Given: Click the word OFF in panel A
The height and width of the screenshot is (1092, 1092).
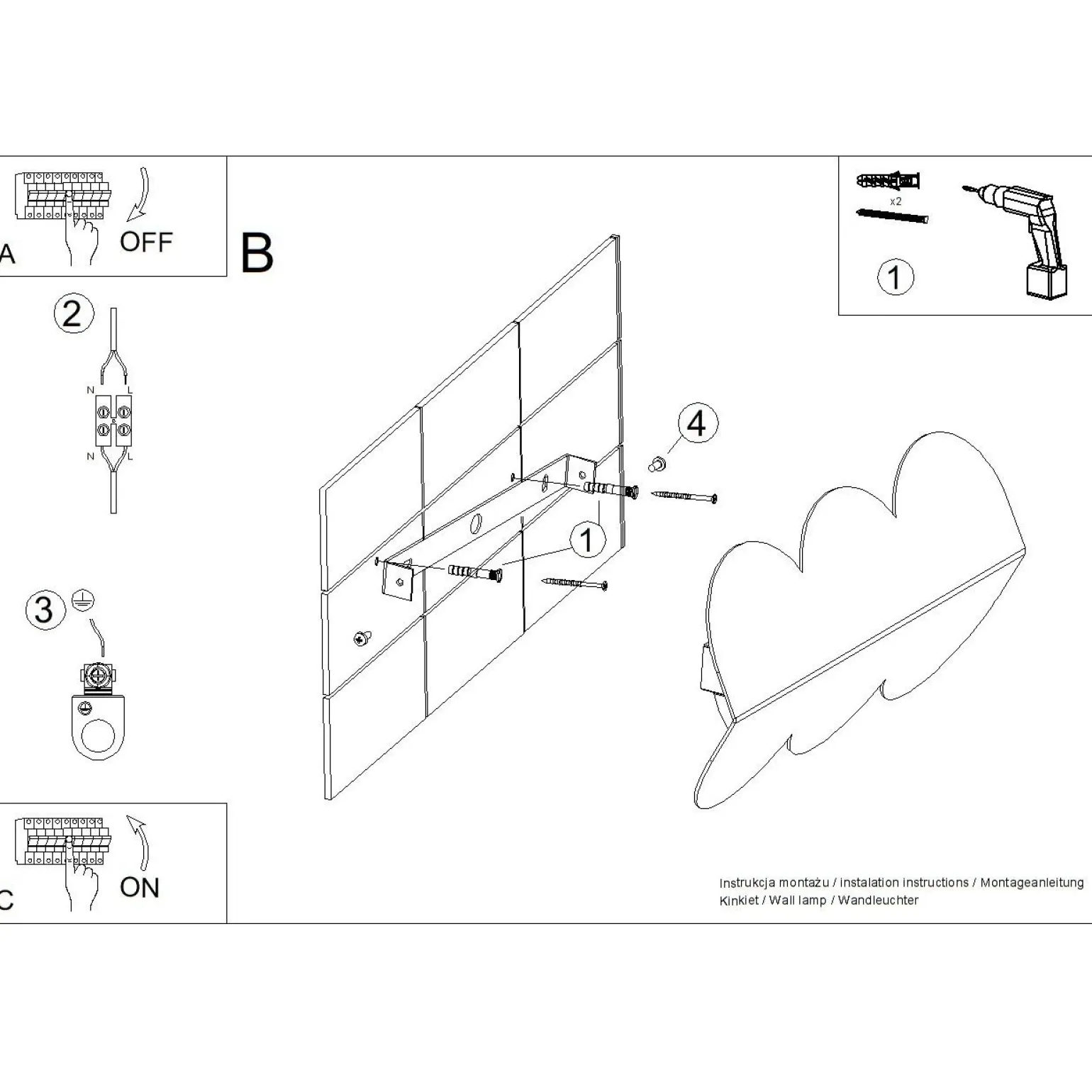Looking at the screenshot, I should click(146, 243).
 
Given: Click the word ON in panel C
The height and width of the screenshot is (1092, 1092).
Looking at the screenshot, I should click(140, 888).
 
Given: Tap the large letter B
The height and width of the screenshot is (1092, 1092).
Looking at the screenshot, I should click(257, 253).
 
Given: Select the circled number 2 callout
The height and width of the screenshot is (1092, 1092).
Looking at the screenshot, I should click(74, 314).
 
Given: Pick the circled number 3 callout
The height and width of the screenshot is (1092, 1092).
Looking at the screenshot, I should click(44, 610).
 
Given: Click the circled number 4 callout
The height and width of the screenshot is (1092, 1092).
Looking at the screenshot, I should click(697, 424).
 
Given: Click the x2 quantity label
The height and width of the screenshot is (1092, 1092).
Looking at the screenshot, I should click(896, 201).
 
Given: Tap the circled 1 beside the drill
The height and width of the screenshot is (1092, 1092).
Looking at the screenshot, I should click(895, 277).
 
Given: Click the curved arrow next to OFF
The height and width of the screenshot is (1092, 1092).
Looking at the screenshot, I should click(140, 194).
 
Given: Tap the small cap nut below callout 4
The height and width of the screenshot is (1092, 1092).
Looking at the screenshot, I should click(657, 464).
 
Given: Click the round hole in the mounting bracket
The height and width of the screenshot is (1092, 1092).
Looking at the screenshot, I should click(477, 525).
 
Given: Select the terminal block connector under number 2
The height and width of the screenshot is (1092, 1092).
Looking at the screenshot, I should click(113, 420).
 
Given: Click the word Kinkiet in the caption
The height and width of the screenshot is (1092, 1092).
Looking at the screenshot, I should click(739, 901).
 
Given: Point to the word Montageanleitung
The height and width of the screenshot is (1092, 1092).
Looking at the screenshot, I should click(1032, 883).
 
